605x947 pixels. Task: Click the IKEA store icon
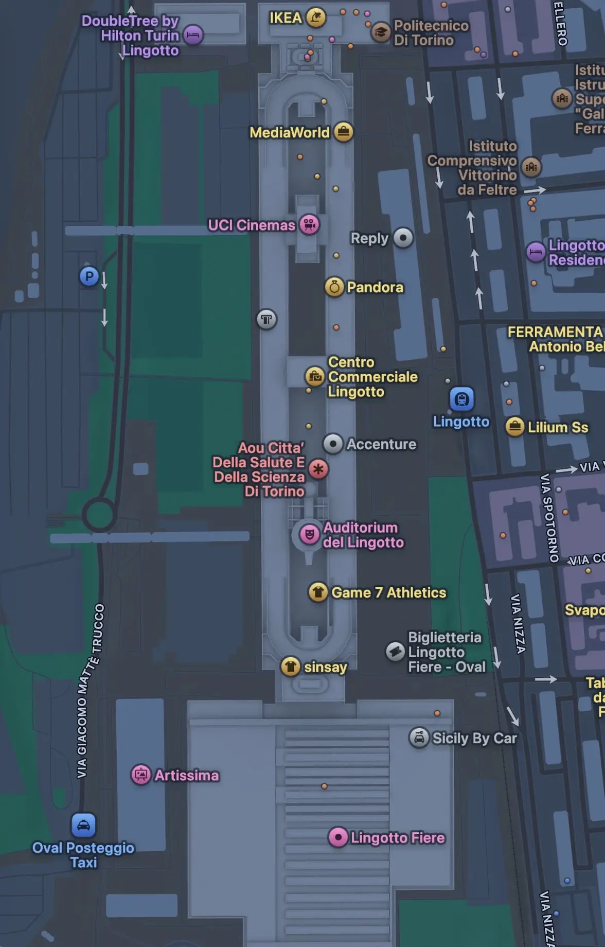click(x=315, y=17)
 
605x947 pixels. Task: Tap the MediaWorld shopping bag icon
click(x=343, y=132)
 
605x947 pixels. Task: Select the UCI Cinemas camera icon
click(x=309, y=224)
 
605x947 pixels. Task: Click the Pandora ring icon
click(x=334, y=287)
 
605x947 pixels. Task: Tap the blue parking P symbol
click(x=89, y=276)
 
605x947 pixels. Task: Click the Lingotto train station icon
click(x=461, y=399)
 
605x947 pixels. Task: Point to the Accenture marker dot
click(x=333, y=444)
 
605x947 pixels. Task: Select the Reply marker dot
click(x=403, y=238)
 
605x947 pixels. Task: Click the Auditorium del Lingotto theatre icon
click(x=309, y=535)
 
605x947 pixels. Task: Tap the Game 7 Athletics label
click(x=388, y=592)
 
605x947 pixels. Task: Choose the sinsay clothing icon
click(x=291, y=667)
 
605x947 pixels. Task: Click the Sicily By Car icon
click(x=419, y=738)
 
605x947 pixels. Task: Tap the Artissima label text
click(x=187, y=775)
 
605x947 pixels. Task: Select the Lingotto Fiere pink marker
click(x=338, y=837)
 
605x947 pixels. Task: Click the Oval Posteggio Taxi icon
click(x=83, y=825)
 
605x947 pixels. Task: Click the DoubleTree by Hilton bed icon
click(x=193, y=35)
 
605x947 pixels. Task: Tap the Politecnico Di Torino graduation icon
click(x=381, y=32)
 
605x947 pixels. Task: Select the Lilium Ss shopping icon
click(x=514, y=427)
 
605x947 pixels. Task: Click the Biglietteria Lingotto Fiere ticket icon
click(x=395, y=652)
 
